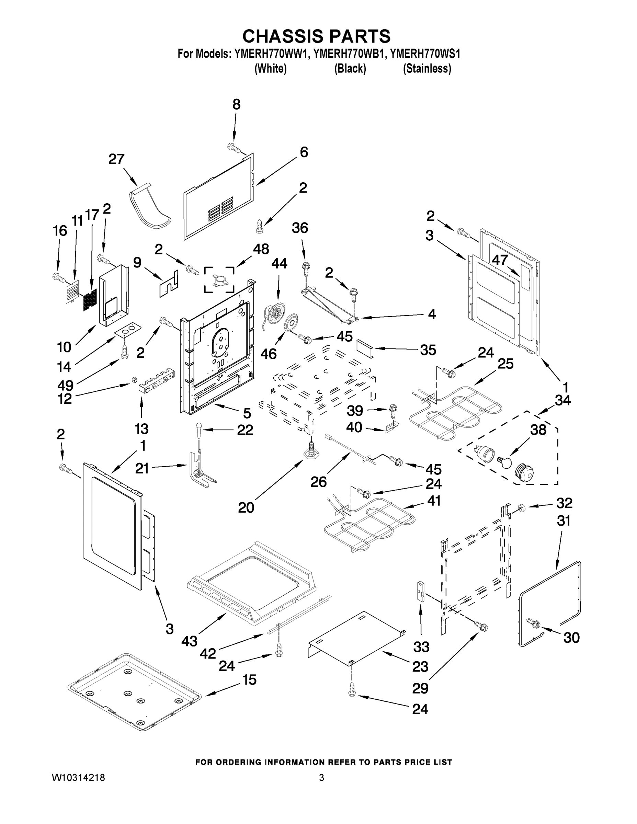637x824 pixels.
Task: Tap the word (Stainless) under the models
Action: [427, 69]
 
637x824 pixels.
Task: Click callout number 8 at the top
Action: [236, 104]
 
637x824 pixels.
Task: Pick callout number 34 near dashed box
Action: [562, 400]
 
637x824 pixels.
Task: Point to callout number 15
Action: [249, 679]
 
